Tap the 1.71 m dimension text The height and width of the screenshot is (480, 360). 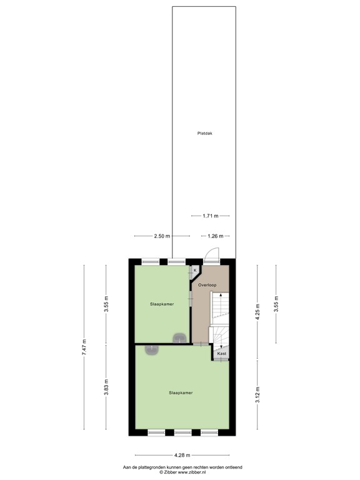(x=211, y=216)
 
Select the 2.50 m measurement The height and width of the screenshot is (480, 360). (x=161, y=236)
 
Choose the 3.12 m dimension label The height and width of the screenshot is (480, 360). (x=257, y=396)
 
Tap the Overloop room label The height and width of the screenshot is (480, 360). (x=207, y=285)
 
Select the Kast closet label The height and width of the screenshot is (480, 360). (x=221, y=354)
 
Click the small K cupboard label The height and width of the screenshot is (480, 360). (x=195, y=270)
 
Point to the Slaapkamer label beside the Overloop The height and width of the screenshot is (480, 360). (x=161, y=304)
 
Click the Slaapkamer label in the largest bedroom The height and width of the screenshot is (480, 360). (x=180, y=393)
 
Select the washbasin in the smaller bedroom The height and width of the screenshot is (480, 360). (x=180, y=339)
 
